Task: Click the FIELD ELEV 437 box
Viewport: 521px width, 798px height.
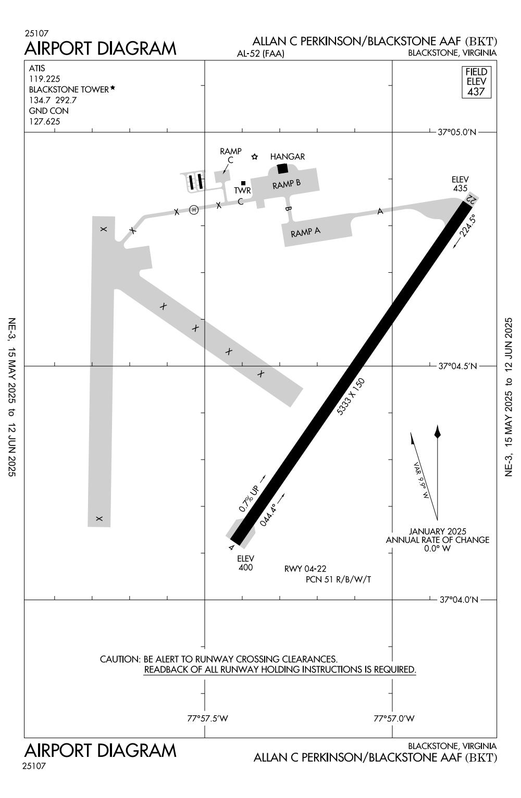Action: click(x=476, y=82)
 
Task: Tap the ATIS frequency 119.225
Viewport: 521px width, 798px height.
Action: click(x=44, y=79)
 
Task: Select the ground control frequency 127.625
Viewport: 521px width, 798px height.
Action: click(x=44, y=122)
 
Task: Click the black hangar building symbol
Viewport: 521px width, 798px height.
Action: click(x=282, y=168)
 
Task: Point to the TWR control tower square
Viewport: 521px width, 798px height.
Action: click(x=243, y=183)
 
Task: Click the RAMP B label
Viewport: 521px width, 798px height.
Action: click(x=287, y=184)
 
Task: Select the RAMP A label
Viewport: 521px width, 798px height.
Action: click(x=305, y=232)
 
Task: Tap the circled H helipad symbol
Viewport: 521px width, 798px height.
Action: click(x=194, y=210)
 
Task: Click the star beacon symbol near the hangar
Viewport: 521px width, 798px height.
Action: click(x=255, y=157)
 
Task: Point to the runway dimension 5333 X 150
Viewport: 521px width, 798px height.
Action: click(x=351, y=397)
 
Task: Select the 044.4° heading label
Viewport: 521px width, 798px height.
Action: click(x=268, y=514)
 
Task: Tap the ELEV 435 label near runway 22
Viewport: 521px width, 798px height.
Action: click(x=460, y=184)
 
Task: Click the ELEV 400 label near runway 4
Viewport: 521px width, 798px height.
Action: click(x=245, y=563)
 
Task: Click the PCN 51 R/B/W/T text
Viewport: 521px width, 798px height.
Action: click(x=338, y=579)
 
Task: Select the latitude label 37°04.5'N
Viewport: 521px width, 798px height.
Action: click(x=457, y=366)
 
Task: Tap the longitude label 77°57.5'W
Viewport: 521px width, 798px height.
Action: click(x=208, y=719)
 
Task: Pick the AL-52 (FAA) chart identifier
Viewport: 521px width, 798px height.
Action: click(x=260, y=54)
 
